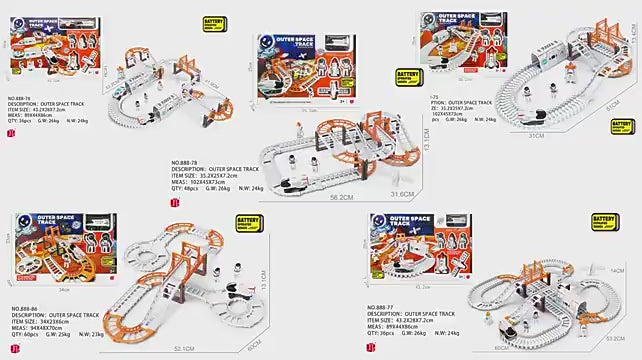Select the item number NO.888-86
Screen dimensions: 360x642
click(x=25, y=308)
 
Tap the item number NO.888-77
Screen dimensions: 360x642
click(x=384, y=307)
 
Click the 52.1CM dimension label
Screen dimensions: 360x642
click(x=182, y=348)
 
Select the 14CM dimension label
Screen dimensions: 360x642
click(x=616, y=270)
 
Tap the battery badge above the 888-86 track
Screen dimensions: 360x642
click(x=249, y=225)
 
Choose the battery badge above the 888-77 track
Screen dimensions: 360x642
click(x=604, y=222)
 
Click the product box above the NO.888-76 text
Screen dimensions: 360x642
click(x=54, y=50)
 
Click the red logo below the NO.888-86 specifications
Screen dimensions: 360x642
click(x=12, y=348)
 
